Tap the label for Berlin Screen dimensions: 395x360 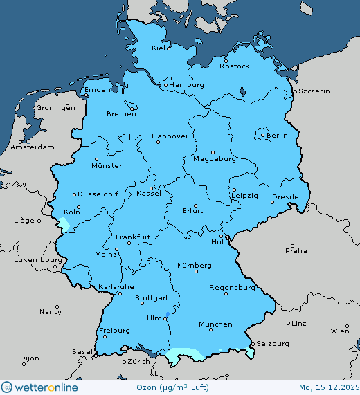[x=277, y=136]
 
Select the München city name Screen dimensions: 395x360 [x=215, y=324]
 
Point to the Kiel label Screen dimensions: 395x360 [x=161, y=48]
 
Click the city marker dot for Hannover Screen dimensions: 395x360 [x=159, y=142]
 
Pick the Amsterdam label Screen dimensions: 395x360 [x=33, y=147]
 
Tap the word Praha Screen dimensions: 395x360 [x=296, y=251]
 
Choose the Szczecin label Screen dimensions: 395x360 [x=314, y=91]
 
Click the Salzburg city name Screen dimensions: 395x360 [x=272, y=343]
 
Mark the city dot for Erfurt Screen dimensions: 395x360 [x=196, y=205]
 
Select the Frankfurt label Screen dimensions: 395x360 [x=134, y=237]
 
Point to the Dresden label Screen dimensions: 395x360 [x=288, y=197]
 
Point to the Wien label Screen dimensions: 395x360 [x=340, y=331]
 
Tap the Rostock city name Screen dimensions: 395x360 [x=234, y=66]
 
